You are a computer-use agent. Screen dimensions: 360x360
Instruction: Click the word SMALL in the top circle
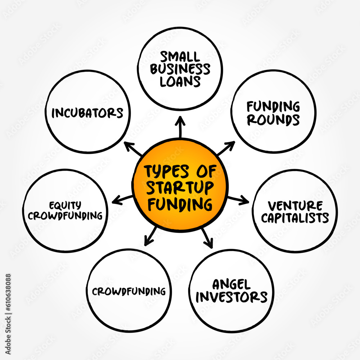coord(180,57)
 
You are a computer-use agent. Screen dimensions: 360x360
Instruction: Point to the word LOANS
coord(180,81)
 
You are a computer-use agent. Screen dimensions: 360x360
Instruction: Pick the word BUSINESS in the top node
coord(180,69)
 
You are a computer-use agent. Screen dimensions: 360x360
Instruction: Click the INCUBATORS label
coord(87,113)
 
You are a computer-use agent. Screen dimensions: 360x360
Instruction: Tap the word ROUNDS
coord(273,120)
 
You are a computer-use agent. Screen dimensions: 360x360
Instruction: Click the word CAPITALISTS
coord(295,218)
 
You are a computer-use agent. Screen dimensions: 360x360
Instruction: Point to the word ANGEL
coord(231,285)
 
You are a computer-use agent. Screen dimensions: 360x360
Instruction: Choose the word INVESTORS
coord(231,297)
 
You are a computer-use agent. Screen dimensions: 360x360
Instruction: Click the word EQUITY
coord(66,205)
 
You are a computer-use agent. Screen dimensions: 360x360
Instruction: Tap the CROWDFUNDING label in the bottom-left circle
coord(129,291)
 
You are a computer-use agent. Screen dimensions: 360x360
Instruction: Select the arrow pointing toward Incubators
coord(133,148)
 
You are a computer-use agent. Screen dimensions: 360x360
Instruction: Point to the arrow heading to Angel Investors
coord(207,238)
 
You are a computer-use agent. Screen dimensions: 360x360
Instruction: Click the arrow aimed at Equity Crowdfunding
coord(122,199)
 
